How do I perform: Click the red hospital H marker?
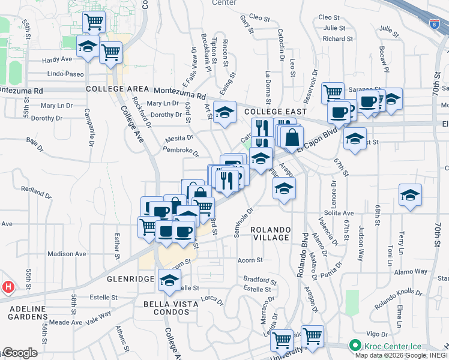7,287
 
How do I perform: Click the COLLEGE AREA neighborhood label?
118,89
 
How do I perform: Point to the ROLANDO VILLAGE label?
270,234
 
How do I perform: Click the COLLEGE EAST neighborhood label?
276,112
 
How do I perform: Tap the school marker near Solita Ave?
410,196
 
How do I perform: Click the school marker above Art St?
225,113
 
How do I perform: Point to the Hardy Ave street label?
57,59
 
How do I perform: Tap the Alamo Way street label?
411,272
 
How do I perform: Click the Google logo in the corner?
20,353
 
